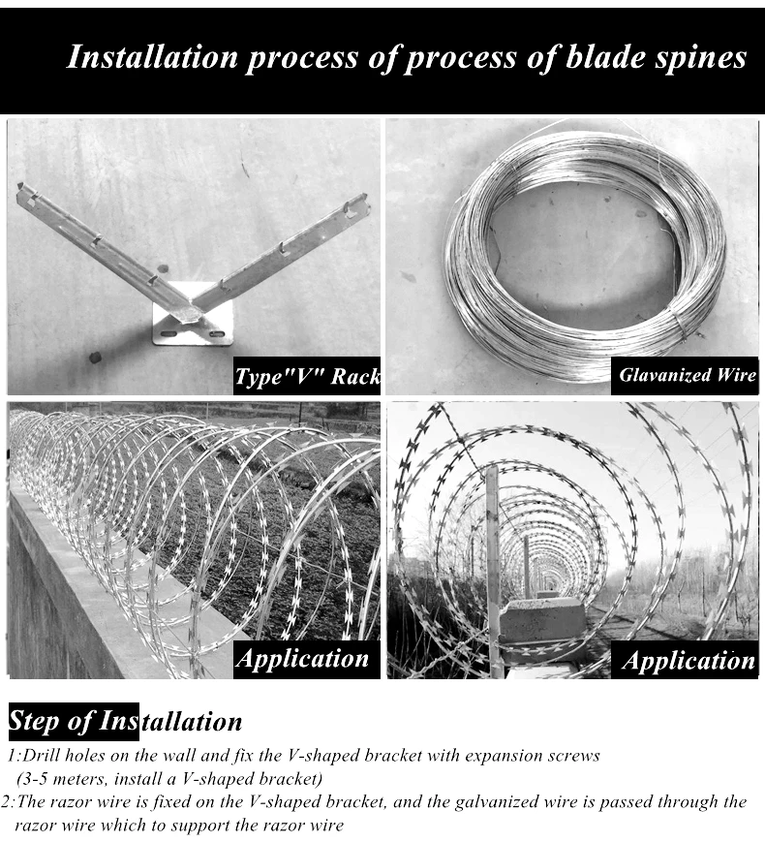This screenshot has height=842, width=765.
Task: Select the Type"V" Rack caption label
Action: pos(307,376)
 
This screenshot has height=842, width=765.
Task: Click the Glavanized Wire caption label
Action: pos(687,375)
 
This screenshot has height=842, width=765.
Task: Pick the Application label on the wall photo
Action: pos(303,659)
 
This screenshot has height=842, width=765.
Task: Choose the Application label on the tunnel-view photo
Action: pos(687,661)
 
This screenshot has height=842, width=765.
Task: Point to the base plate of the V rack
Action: pos(194,325)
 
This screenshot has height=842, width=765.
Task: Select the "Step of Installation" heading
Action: pos(125,722)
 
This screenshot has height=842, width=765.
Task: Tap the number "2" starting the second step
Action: pos(7,802)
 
